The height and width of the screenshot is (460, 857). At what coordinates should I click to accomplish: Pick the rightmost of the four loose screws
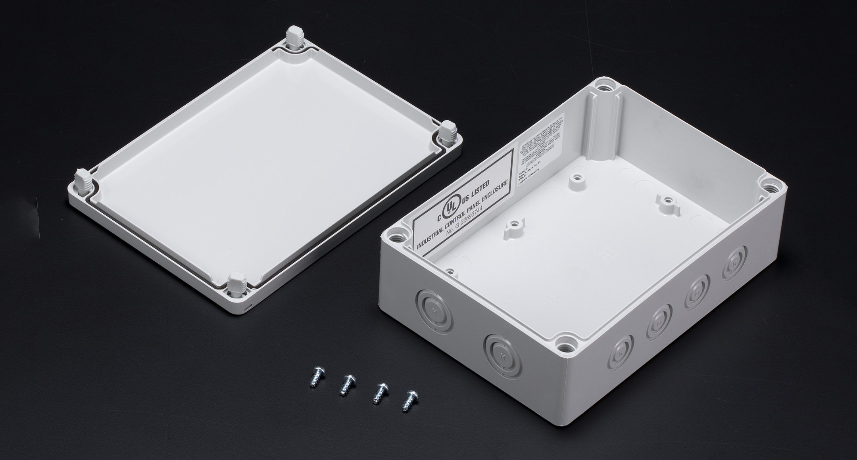408,400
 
